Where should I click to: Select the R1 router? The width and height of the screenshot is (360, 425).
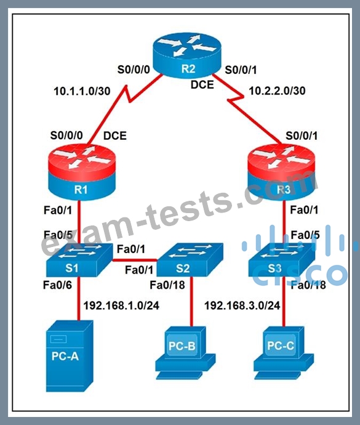[x=82, y=172]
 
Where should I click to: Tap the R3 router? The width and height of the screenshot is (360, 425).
[x=282, y=172]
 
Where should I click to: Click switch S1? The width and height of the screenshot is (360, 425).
[x=79, y=260]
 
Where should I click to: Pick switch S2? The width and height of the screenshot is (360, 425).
[x=190, y=260]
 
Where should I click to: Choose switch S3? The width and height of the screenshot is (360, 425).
[x=282, y=260]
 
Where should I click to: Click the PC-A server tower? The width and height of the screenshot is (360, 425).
[x=70, y=356]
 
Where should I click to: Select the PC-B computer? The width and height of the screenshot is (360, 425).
[x=185, y=352]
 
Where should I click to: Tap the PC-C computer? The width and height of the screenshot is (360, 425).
[x=284, y=352]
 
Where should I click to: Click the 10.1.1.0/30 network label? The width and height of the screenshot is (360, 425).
[x=82, y=91]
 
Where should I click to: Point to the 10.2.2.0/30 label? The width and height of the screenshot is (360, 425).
[x=277, y=91]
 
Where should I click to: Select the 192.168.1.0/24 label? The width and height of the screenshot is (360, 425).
[x=121, y=306]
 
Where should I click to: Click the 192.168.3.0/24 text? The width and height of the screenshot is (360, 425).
[x=242, y=306]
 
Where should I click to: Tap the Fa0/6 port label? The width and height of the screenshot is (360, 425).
[x=57, y=285]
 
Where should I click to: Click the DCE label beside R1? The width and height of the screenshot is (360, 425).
[x=115, y=136]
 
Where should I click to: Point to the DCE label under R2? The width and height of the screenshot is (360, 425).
[x=202, y=85]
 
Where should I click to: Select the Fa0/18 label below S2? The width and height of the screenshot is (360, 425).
[x=167, y=285]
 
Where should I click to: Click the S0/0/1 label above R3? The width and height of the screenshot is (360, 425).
[x=302, y=136]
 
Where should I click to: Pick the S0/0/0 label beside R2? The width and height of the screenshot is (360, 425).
[x=134, y=70]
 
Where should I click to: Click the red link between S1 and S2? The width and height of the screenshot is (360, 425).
[x=135, y=261]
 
